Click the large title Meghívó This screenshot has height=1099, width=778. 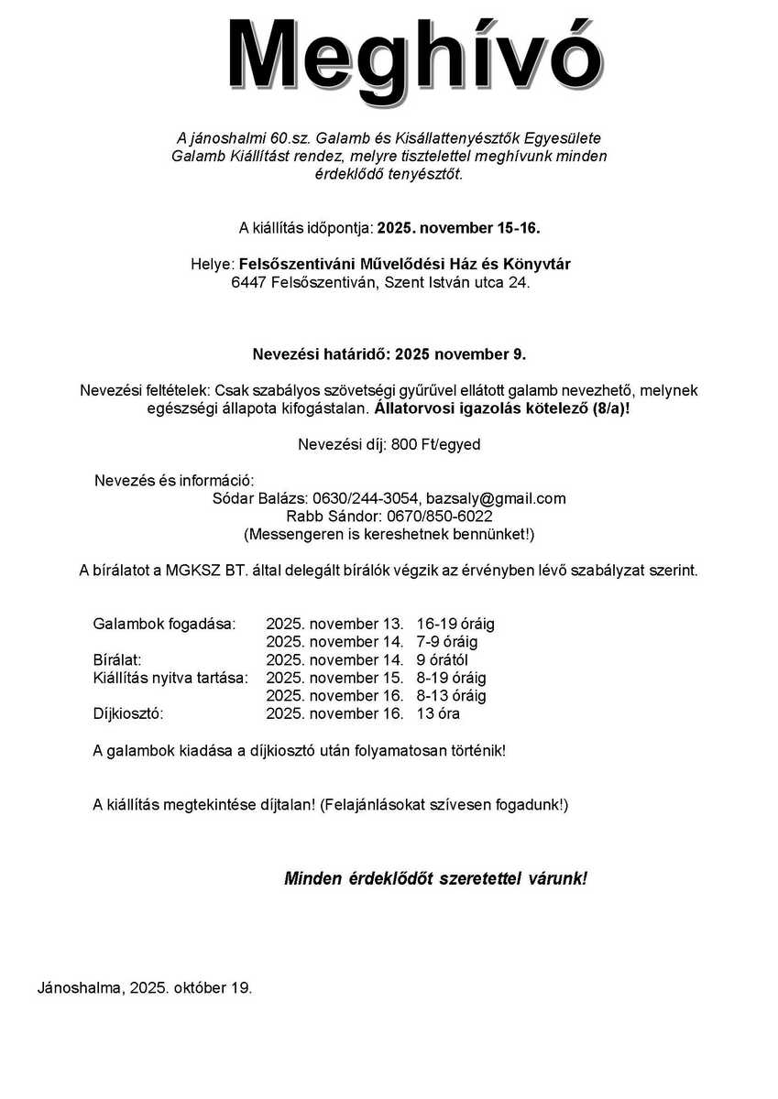click(x=414, y=53)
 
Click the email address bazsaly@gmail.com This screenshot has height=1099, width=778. click(x=496, y=498)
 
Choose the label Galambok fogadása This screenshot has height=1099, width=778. click(x=164, y=624)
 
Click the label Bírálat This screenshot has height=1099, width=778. click(x=117, y=659)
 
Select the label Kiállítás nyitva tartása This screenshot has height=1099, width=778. click(x=170, y=678)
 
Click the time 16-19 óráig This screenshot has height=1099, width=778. click(x=455, y=624)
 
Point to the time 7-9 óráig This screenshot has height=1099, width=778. click(x=447, y=642)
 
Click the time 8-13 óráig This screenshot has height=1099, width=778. click(x=451, y=696)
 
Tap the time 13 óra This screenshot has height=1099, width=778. click(x=438, y=713)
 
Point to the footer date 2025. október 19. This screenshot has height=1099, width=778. click(x=191, y=988)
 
